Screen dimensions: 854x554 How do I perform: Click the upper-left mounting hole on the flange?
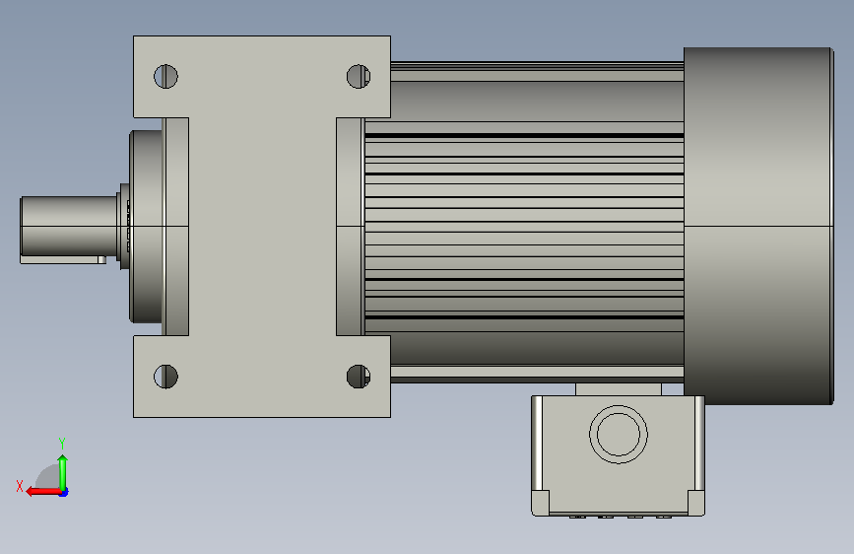[x=165, y=76]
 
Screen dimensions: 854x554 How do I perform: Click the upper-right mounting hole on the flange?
[x=359, y=76]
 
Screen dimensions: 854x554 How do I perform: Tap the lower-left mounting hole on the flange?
[x=165, y=377]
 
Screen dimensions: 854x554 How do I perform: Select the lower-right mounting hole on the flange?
[x=359, y=377]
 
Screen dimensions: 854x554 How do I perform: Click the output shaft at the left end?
[x=69, y=226]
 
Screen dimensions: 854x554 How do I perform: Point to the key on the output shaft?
[x=63, y=259]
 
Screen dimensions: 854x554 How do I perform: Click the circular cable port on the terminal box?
[x=619, y=435]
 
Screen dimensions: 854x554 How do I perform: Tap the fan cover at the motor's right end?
[x=758, y=226]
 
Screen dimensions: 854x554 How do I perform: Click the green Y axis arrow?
[x=63, y=473]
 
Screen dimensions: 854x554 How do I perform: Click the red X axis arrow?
[x=43, y=492]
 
